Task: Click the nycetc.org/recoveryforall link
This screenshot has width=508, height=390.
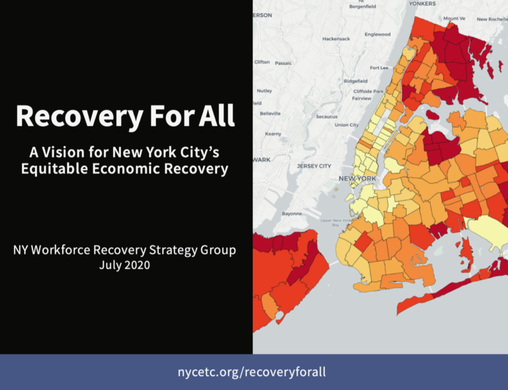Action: [x=251, y=371]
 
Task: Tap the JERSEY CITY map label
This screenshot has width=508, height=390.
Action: [x=314, y=166]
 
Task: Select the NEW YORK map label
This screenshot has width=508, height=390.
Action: [x=357, y=179]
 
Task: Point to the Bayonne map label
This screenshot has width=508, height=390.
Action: [x=292, y=214]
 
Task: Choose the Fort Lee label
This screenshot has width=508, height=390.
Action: [x=379, y=68]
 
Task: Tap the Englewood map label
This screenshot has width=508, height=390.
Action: [x=377, y=34]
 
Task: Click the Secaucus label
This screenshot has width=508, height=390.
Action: [x=327, y=117]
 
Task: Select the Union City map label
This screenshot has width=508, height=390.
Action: [x=347, y=124]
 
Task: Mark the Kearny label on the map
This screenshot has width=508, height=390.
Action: [x=273, y=134]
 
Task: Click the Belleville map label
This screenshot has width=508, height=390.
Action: [x=270, y=113]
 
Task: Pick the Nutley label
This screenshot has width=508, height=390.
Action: [x=265, y=91]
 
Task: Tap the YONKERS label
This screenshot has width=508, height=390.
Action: [x=422, y=3]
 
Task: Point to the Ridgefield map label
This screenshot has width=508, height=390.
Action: [x=355, y=81]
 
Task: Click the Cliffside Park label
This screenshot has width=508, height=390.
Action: [x=368, y=91]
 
